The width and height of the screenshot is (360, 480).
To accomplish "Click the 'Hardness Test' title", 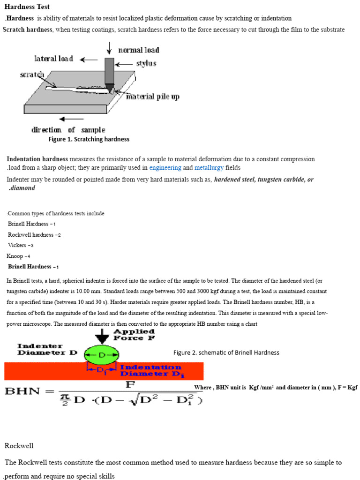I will (27, 7).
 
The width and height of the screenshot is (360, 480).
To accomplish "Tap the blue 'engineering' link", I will (165, 167).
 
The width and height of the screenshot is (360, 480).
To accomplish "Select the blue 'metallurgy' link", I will (209, 167).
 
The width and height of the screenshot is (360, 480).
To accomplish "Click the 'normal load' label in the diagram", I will (138, 50).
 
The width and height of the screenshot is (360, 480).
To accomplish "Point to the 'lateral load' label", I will (53, 59).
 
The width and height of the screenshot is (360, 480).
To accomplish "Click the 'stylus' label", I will (146, 63).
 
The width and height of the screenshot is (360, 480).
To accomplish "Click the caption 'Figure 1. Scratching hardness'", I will (89, 139).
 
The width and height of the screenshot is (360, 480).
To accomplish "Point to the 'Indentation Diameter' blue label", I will (150, 370).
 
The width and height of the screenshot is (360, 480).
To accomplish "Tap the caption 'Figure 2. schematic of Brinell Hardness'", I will (226, 352).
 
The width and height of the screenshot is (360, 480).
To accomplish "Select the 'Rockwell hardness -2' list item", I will (34, 235).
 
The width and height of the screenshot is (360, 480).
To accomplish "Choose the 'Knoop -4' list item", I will (18, 256).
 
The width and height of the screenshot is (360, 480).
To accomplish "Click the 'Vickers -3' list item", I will (21, 245).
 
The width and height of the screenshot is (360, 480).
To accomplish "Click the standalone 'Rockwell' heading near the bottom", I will (19, 445).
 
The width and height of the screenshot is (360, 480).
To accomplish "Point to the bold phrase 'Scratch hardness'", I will (28, 30).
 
